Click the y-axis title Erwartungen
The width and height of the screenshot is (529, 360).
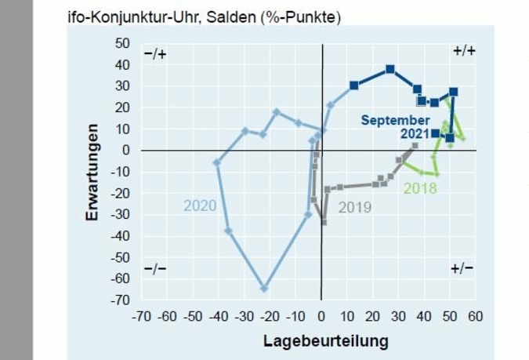(92, 171)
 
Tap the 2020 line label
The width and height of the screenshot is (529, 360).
(200, 206)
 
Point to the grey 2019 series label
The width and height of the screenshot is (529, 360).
(354, 208)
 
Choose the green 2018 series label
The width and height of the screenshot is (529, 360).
(420, 188)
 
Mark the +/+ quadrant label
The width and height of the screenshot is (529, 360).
(464, 51)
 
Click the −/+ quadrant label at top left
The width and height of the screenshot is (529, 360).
(155, 53)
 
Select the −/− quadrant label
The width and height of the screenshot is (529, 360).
(155, 269)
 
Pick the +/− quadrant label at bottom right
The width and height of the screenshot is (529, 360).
(462, 268)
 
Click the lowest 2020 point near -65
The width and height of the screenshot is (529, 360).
(264, 289)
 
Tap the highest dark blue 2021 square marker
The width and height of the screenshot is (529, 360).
(390, 69)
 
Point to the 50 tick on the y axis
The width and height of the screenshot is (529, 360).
(122, 42)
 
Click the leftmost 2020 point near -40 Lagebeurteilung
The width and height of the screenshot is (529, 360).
(217, 162)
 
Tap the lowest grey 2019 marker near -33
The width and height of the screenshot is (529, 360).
(323, 222)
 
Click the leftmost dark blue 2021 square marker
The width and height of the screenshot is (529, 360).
(353, 85)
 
